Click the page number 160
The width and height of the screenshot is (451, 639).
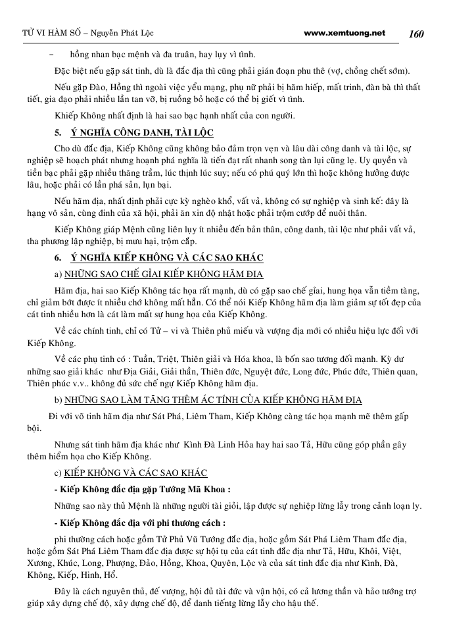coord(419,33)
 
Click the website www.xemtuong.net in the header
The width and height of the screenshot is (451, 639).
coord(346,32)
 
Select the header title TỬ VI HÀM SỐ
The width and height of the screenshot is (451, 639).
coord(41,33)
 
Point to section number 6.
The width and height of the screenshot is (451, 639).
coord(58,257)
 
